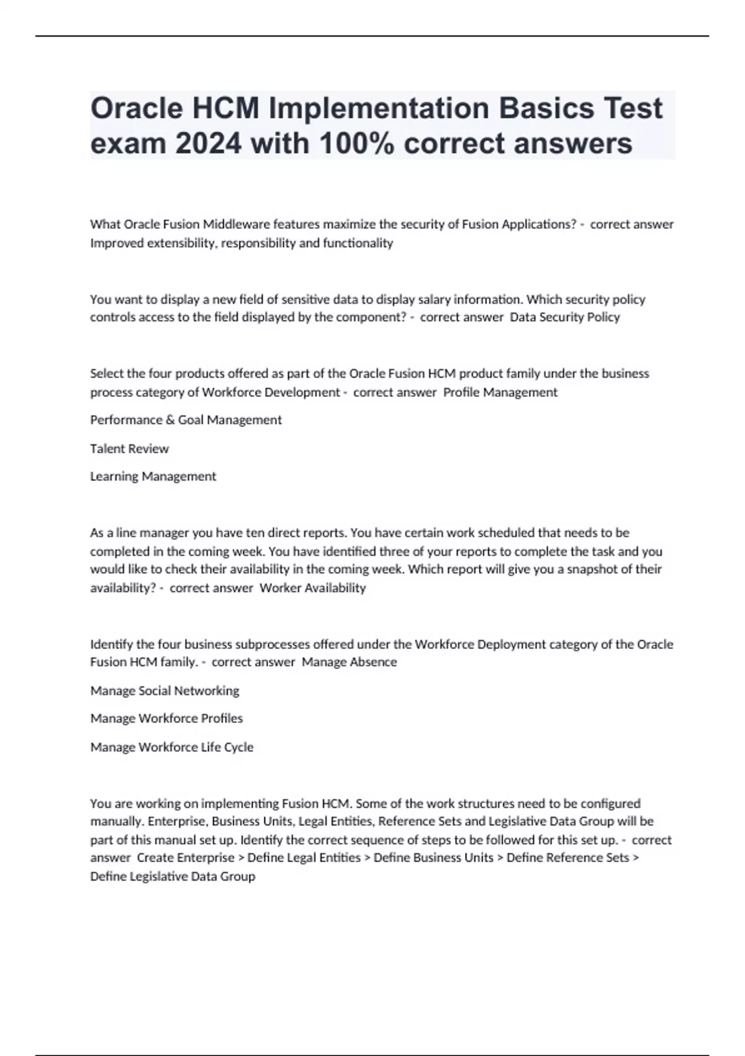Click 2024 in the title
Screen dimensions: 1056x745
[x=208, y=143]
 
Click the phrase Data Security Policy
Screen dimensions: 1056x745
[x=564, y=317]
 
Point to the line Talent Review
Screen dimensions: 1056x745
[x=129, y=448]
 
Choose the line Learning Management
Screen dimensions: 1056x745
[x=153, y=476]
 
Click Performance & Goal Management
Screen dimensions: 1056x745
[x=186, y=420]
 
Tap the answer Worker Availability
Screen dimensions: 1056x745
[x=312, y=588]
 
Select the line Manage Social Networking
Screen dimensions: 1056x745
[x=165, y=691]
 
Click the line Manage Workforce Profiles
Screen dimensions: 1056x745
[x=166, y=719]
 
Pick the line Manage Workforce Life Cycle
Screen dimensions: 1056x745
[x=172, y=747]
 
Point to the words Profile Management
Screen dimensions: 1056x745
[x=500, y=393]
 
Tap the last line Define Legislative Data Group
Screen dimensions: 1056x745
[x=173, y=876]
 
